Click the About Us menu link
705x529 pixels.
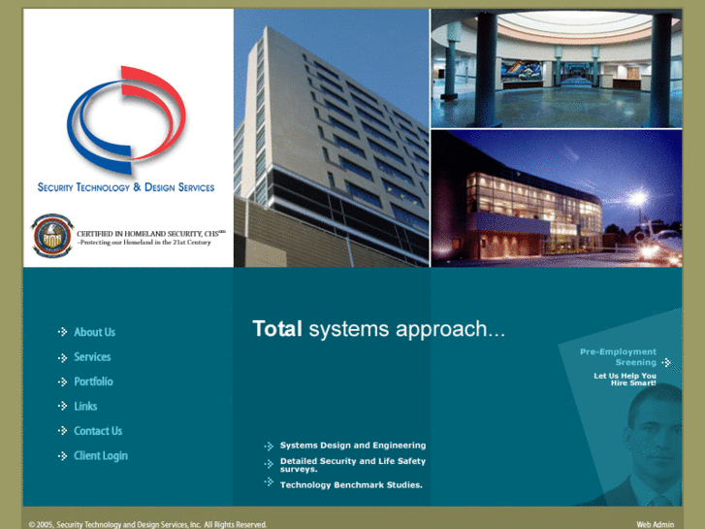94,332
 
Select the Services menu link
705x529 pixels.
92,357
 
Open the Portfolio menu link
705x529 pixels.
93,381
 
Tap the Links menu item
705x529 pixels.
85,407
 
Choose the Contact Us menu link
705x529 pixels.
98,431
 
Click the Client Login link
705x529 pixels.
101,455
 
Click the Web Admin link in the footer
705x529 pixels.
655,524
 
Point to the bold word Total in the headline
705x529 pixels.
277,329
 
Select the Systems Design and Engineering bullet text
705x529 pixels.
353,446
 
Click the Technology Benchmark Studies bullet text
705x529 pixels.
351,484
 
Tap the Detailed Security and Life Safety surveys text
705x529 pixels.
353,465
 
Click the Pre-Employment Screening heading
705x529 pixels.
619,356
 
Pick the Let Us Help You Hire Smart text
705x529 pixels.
625,380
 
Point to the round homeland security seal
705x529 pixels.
50,236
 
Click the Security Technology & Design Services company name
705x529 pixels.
126,187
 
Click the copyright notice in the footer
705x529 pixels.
147,524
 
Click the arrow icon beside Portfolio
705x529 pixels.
63,381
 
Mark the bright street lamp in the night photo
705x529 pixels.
637,199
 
